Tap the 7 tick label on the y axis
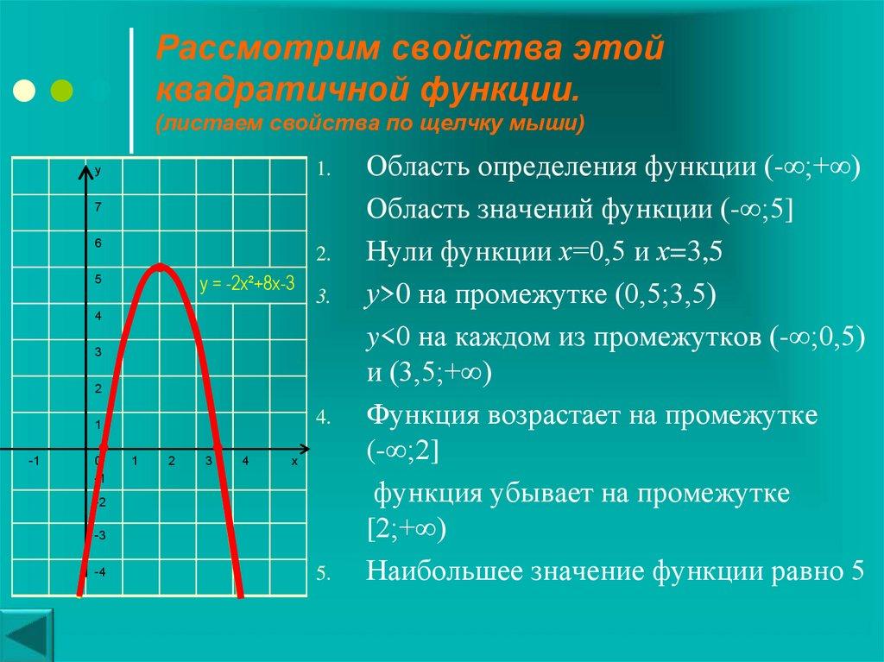(x=98, y=207)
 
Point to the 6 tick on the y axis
(x=98, y=243)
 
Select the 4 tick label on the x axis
(x=246, y=462)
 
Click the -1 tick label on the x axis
(x=33, y=462)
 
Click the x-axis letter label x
(x=294, y=462)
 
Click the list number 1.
(x=321, y=169)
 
